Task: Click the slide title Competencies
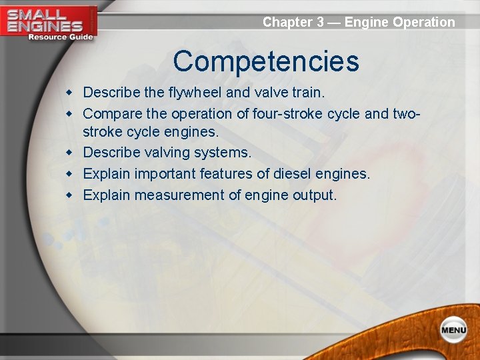click(266, 62)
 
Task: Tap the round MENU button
click(453, 330)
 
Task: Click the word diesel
click(289, 174)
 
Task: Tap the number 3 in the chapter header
click(320, 22)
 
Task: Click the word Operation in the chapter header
click(424, 22)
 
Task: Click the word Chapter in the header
click(288, 22)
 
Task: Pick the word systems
click(223, 153)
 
